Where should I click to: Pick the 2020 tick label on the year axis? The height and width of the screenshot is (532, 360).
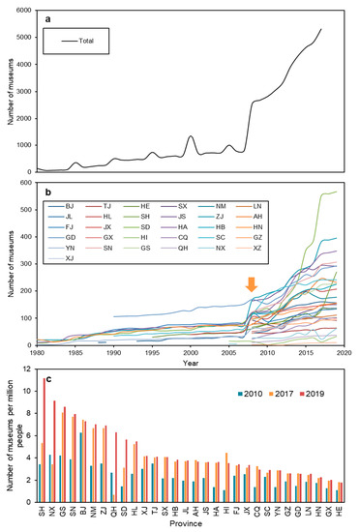click(350, 353)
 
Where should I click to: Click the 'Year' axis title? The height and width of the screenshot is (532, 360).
click(195, 364)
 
